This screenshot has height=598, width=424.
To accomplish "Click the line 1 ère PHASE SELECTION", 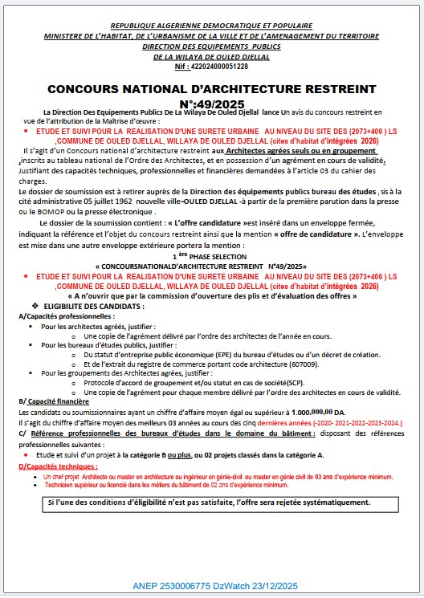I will [x=211, y=254].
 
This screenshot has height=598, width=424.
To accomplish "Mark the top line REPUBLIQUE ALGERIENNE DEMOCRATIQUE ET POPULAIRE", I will [x=213, y=26].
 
